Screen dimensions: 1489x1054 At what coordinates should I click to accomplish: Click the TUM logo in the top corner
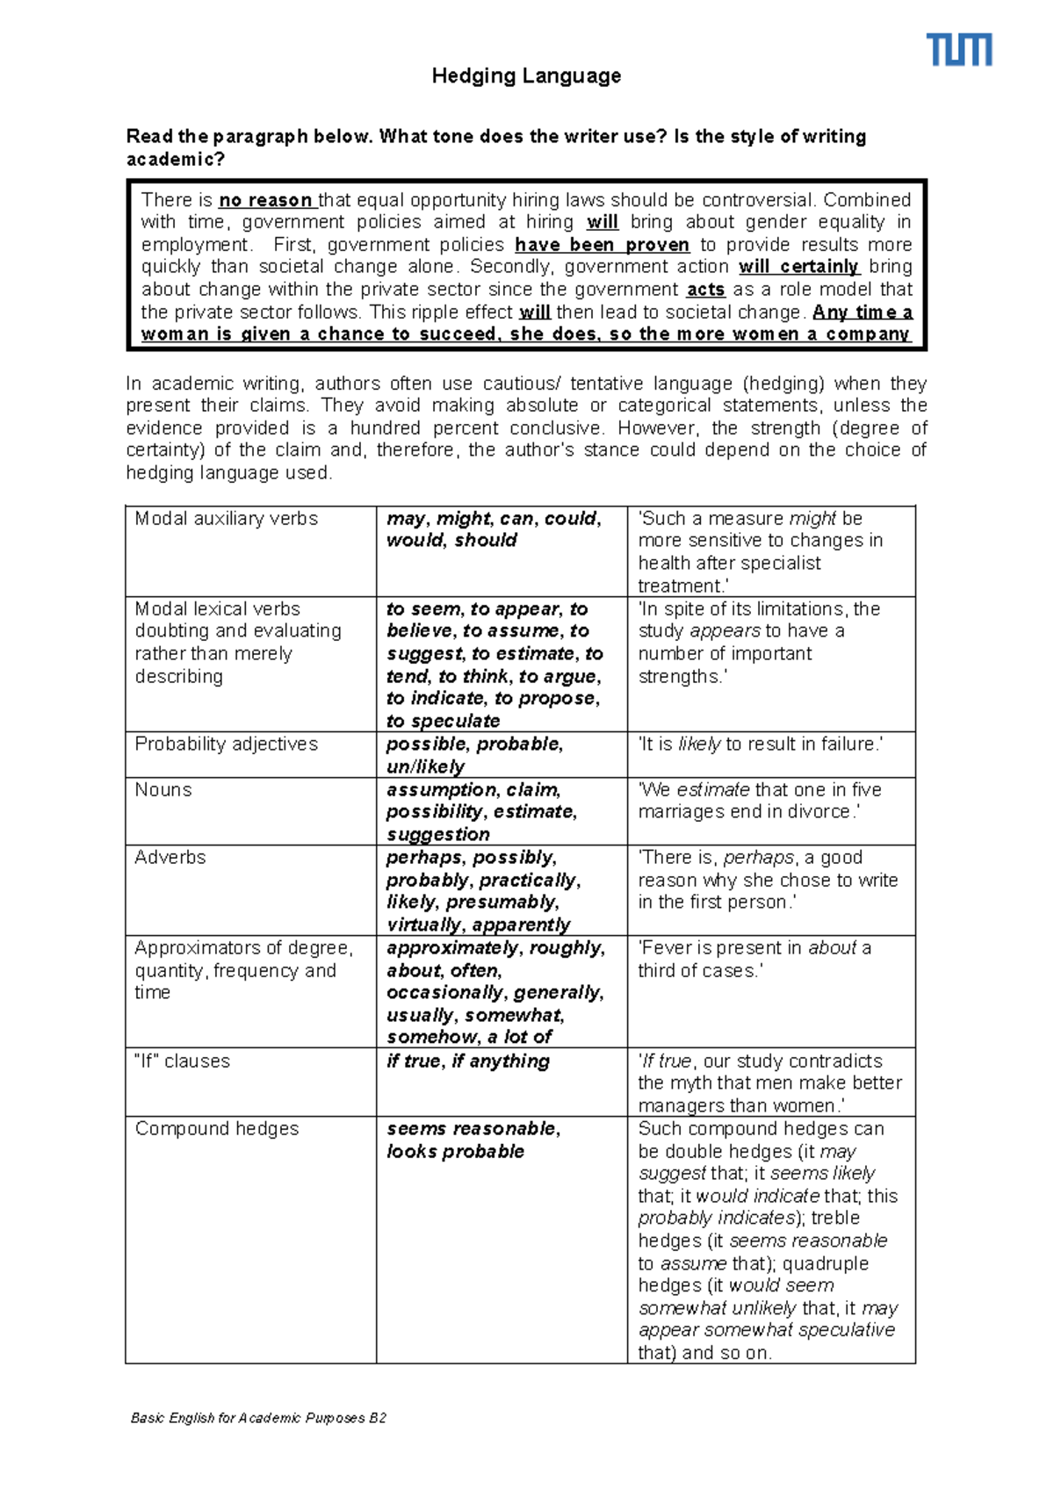(x=960, y=50)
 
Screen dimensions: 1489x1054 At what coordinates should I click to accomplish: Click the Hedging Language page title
(x=526, y=76)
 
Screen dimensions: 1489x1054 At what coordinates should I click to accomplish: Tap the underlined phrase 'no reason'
(x=265, y=200)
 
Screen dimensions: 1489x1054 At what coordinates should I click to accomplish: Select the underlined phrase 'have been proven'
(x=602, y=245)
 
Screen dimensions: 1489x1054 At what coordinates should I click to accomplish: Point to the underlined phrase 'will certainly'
(x=798, y=267)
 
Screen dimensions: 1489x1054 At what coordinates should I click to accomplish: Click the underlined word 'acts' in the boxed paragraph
(x=705, y=290)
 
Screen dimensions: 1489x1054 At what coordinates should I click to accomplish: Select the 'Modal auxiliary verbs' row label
(x=226, y=519)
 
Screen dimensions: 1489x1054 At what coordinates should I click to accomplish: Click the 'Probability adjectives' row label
(x=226, y=744)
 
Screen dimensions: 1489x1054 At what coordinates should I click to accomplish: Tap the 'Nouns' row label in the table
(x=163, y=789)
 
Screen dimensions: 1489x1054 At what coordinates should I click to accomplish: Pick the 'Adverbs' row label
(x=170, y=857)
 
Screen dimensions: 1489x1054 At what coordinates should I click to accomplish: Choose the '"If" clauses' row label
(x=183, y=1061)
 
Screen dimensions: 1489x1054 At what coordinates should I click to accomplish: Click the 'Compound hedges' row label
(x=217, y=1128)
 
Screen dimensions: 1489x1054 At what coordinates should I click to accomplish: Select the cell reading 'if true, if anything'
(x=468, y=1061)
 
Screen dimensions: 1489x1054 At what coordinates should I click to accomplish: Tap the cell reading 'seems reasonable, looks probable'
(x=473, y=1140)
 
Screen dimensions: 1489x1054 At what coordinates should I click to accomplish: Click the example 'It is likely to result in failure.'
(x=760, y=744)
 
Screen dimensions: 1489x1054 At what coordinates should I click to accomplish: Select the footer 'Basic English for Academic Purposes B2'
(x=258, y=1418)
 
